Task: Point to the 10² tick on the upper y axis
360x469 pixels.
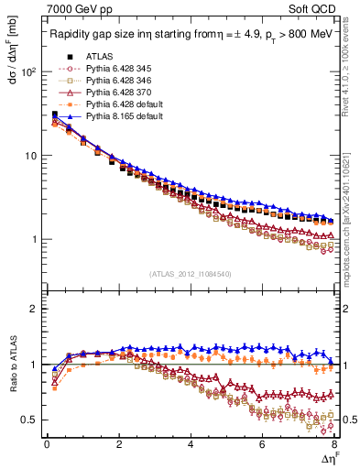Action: [x=30, y=71]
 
